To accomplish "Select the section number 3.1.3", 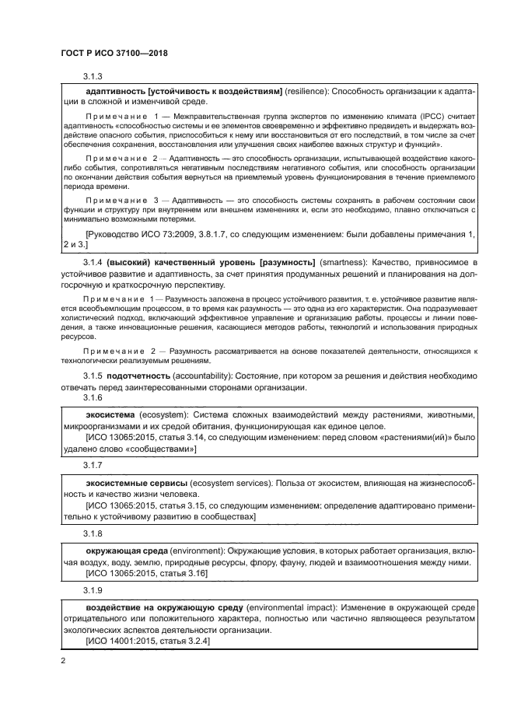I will pyautogui.click(x=93, y=76).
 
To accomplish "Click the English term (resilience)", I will pyautogui.click(x=307, y=92).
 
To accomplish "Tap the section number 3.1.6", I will pyautogui.click(x=93, y=397).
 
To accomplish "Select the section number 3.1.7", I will pyautogui.click(x=93, y=465).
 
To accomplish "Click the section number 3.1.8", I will pyautogui.click(x=93, y=534).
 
